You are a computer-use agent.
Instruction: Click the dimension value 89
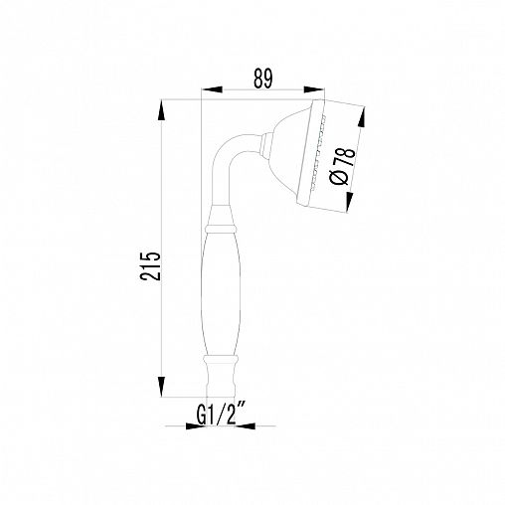[x=263, y=79]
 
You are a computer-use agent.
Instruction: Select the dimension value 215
[x=150, y=266]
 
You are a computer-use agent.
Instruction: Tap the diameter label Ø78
[x=343, y=166]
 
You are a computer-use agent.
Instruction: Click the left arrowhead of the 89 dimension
[x=212, y=89]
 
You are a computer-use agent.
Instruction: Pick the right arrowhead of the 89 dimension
[x=314, y=89]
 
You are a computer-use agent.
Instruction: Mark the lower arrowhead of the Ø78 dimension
[x=348, y=202]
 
